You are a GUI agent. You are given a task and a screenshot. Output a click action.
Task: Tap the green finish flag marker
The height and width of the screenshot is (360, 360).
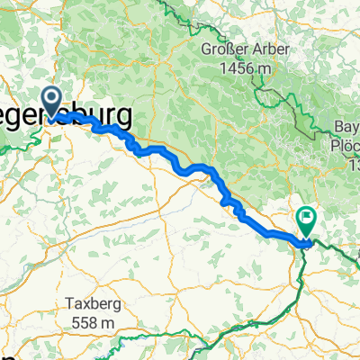pos(307,220)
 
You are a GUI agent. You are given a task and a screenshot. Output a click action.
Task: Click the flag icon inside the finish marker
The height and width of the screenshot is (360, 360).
pos(307,216)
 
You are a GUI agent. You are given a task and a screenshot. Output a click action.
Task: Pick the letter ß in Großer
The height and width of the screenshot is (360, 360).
pos(221,47)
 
